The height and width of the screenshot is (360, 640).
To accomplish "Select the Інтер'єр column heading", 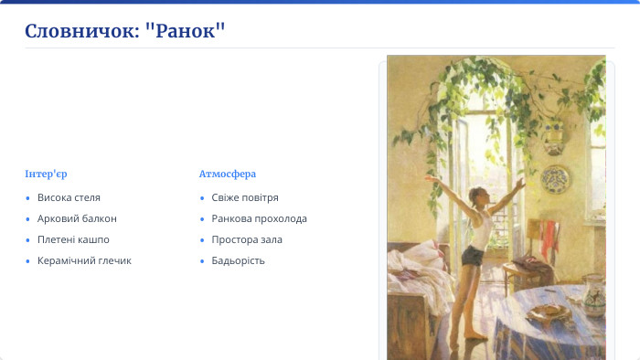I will tap(47, 174).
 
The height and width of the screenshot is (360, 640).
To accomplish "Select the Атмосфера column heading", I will tap(227, 174).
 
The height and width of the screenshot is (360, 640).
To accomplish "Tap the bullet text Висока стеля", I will tap(69, 197).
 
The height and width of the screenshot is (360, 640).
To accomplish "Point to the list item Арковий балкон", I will tap(77, 218).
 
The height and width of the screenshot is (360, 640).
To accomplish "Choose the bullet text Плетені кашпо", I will tap(73, 239).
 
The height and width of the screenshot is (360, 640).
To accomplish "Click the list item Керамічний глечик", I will tap(84, 260).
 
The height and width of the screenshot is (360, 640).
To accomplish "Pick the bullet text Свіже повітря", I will tap(244, 197).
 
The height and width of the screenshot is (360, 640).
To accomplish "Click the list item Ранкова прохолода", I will tap(259, 218).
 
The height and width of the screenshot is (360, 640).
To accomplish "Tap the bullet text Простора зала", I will tap(247, 239).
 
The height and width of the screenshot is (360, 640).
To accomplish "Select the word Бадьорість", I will tap(238, 260).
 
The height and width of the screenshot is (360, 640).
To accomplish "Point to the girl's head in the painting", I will tap(476, 194).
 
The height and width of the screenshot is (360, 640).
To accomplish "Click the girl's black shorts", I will tap(473, 256).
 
